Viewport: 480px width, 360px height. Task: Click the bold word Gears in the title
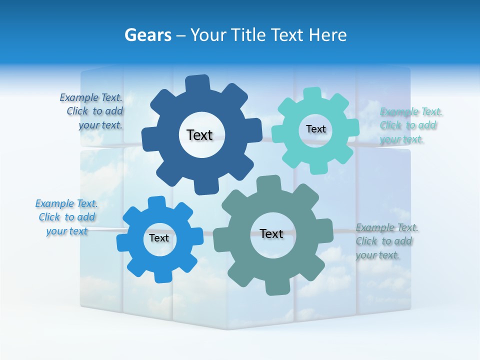147,35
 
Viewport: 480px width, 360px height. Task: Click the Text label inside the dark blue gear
199,135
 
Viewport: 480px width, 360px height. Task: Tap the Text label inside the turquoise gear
315,129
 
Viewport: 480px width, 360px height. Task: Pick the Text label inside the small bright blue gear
159,238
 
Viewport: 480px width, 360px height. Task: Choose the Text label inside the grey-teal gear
271,233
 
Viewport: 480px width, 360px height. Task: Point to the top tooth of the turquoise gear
313,94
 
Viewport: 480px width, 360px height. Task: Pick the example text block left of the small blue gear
66,217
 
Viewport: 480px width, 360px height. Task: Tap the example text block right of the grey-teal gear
386,241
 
